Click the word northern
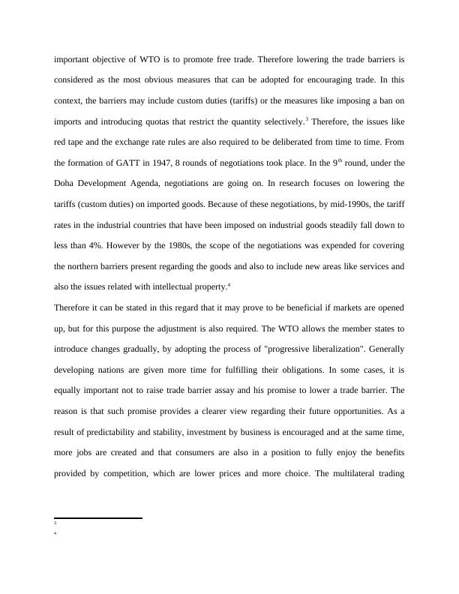click(x=88, y=266)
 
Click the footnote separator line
click(x=98, y=517)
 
